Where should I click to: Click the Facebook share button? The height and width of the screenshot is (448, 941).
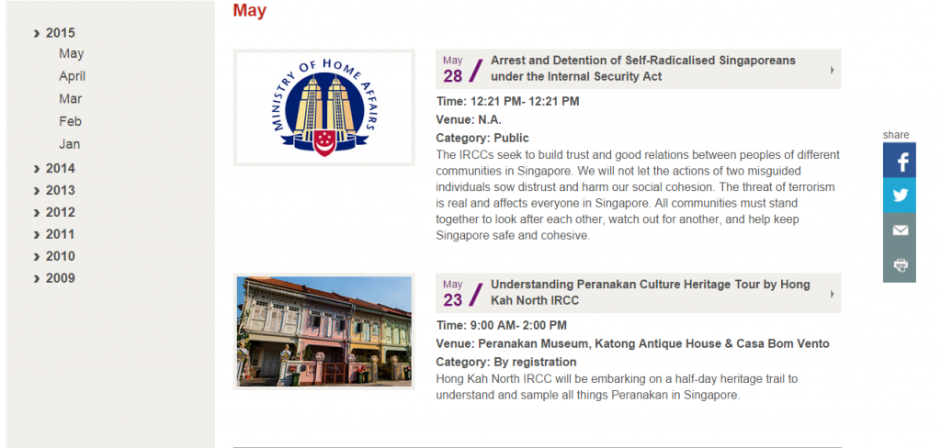[899, 160]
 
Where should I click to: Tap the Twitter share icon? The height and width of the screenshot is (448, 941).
[899, 195]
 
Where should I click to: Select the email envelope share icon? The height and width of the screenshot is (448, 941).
[899, 230]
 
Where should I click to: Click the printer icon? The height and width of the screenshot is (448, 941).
[899, 265]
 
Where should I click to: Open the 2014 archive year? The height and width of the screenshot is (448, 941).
[60, 169]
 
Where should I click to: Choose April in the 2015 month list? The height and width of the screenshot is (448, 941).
[72, 76]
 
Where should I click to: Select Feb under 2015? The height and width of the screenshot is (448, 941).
[70, 121]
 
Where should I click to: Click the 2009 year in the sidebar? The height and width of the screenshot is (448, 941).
[60, 278]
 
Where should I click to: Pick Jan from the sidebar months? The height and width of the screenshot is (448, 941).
[69, 144]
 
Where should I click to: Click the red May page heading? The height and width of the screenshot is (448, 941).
[250, 10]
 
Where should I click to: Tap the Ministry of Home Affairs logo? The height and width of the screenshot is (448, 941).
[324, 107]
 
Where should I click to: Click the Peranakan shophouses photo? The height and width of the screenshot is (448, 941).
[324, 331]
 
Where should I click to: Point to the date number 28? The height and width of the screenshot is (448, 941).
[453, 76]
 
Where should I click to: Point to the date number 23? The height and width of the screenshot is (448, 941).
[453, 300]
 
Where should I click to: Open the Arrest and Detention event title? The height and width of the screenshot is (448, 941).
[642, 68]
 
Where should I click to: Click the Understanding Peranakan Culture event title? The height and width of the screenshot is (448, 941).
[651, 293]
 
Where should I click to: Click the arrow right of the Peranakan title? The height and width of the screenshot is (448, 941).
[833, 294]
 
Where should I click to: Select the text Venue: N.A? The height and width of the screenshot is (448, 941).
[469, 119]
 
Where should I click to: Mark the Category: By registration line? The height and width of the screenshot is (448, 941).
[506, 363]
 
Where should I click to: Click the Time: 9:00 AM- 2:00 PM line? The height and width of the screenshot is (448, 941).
[501, 326]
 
